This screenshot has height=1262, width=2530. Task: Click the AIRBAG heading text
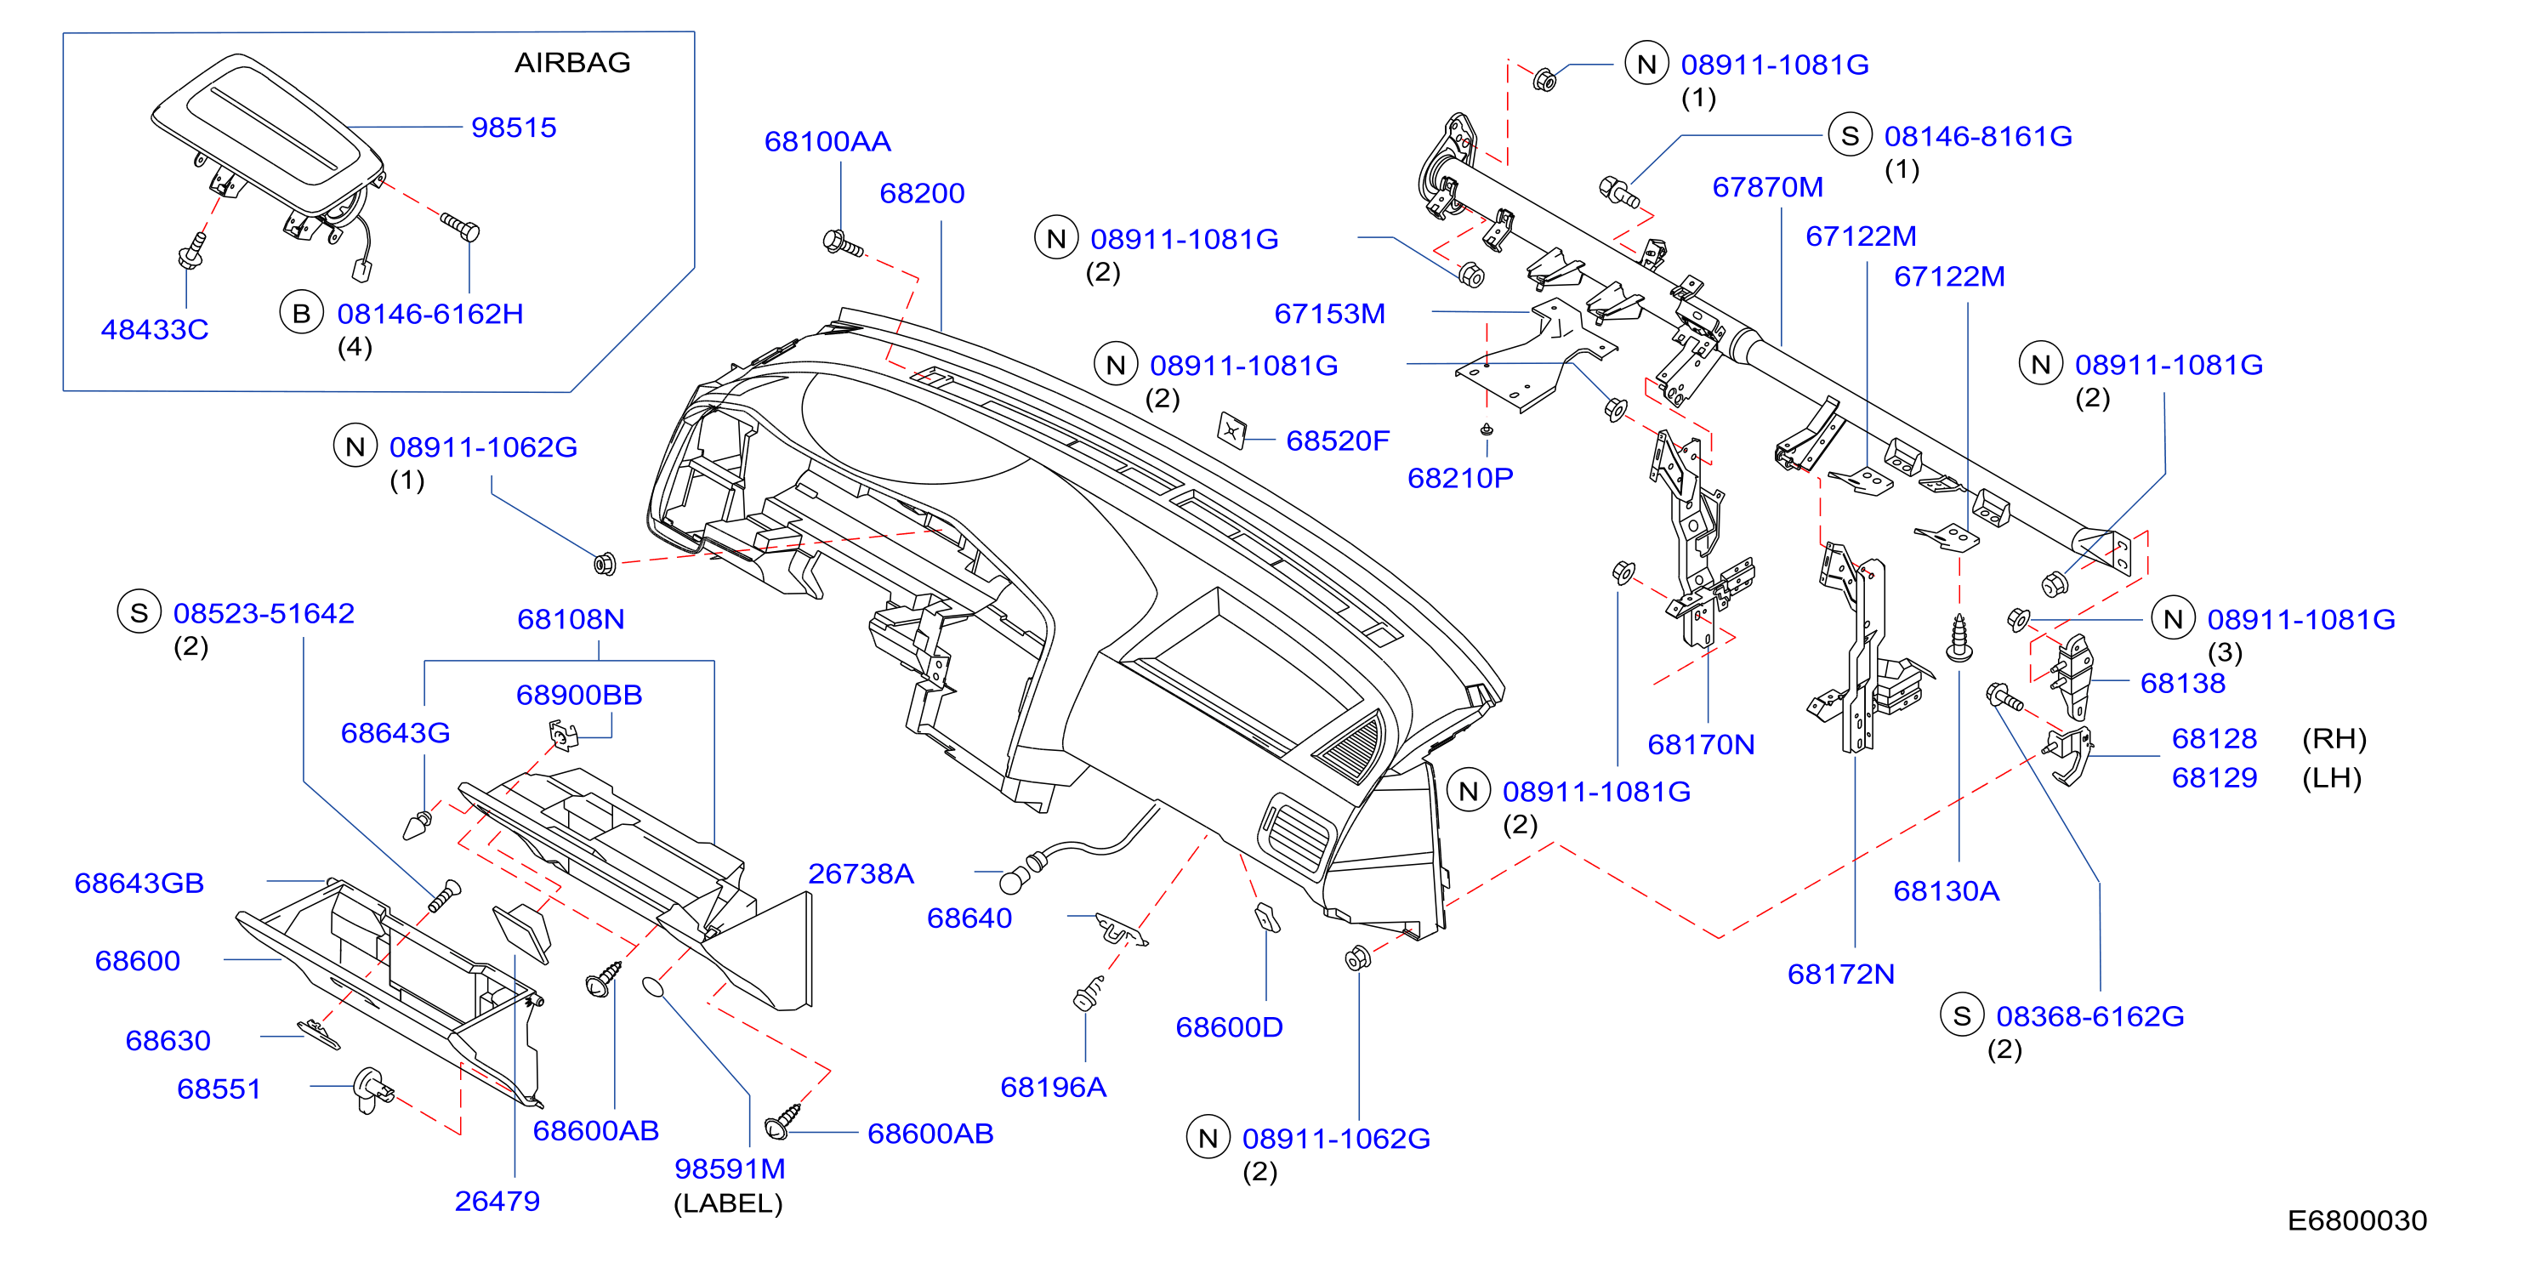[x=572, y=63]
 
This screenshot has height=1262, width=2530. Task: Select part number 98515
[x=514, y=128]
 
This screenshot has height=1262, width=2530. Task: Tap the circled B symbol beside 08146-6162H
[x=302, y=313]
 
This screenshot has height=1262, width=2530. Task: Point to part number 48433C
[x=155, y=330]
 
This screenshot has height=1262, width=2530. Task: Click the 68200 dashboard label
[x=922, y=194]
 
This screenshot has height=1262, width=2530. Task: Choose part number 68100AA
[x=828, y=141]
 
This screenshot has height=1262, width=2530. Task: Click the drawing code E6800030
[x=2357, y=1220]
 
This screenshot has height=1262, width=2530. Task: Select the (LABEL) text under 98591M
[x=728, y=1204]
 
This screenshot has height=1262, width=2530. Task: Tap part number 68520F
[x=1338, y=441]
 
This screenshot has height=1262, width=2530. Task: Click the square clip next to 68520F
[x=1231, y=430]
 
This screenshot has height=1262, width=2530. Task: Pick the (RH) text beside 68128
[x=2334, y=738]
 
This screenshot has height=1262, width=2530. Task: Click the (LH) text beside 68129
[x=2332, y=778]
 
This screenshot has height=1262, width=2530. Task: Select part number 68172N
[x=1840, y=975]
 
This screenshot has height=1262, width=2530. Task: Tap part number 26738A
[x=861, y=874]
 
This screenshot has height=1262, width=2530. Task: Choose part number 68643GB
[x=139, y=884]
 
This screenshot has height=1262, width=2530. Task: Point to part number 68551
[x=219, y=1089]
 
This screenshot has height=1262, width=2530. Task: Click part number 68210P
[x=1460, y=478]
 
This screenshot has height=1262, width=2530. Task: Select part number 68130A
[x=1947, y=892]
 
